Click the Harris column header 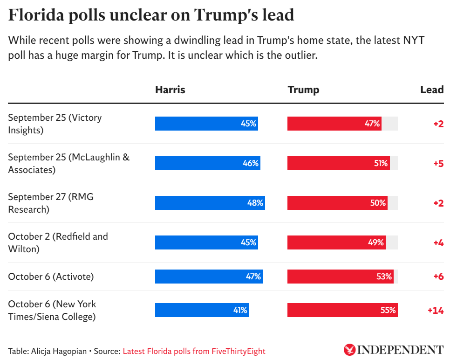170,90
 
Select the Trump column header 303,90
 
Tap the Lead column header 432,90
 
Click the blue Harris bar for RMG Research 210,203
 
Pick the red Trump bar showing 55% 342,310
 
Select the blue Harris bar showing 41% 202,310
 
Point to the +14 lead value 435,310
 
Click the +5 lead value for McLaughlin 438,163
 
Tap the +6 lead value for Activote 438,277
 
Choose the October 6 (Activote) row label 51,277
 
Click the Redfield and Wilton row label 58,242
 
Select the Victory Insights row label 55,124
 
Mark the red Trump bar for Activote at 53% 340,277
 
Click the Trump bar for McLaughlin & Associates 338,163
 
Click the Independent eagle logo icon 349,350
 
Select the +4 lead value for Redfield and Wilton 438,242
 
